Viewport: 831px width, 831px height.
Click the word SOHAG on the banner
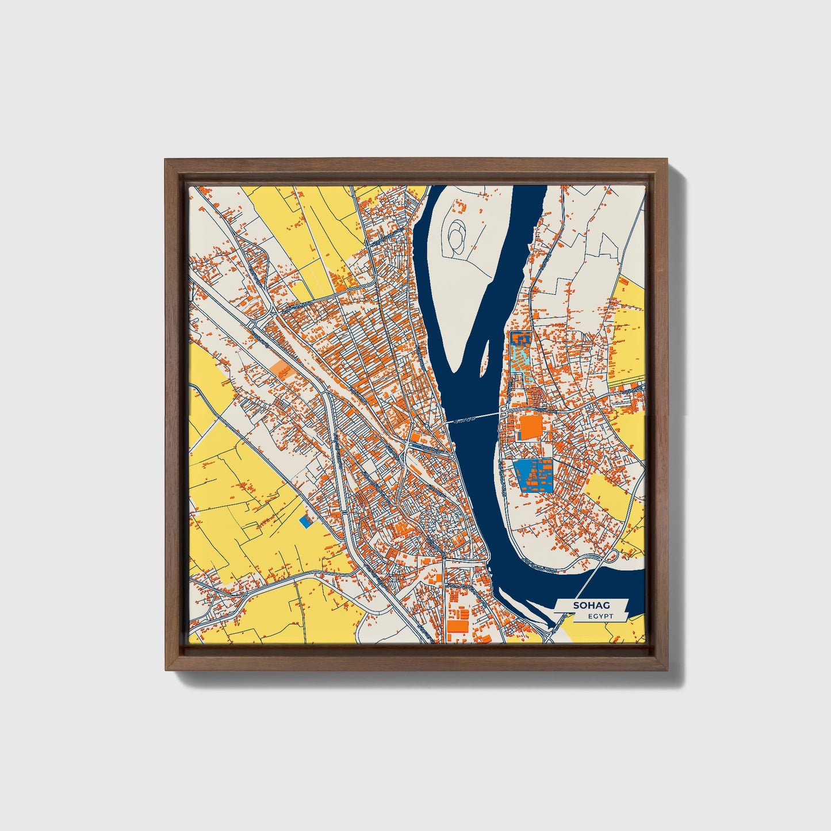pos(591,606)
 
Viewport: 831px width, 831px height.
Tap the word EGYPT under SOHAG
pos(600,616)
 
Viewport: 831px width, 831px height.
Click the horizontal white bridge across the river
pos(474,417)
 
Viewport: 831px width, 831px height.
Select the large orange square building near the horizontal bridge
pos(530,428)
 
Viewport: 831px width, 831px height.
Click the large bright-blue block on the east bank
pos(532,475)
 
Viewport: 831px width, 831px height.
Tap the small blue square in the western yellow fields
pos(307,520)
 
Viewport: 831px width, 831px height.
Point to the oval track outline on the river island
pos(458,237)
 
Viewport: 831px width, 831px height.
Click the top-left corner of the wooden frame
pos(166,160)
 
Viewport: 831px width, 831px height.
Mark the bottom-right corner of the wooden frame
pos(667,669)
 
